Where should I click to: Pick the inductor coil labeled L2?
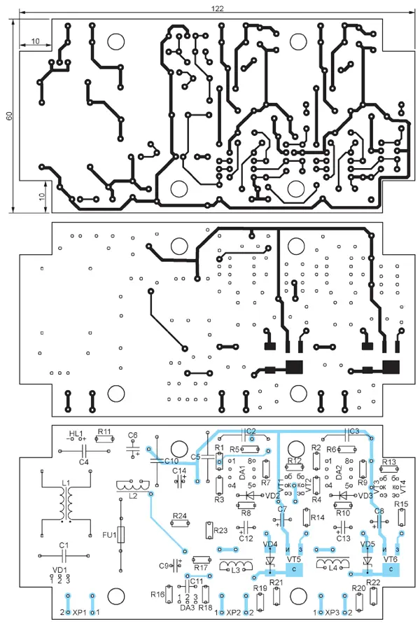[133, 485]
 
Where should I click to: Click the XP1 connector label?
[78, 613]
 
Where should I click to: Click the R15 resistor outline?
[401, 518]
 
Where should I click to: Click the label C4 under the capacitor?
[84, 462]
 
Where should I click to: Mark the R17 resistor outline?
[201, 558]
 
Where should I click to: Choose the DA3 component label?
[187, 607]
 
